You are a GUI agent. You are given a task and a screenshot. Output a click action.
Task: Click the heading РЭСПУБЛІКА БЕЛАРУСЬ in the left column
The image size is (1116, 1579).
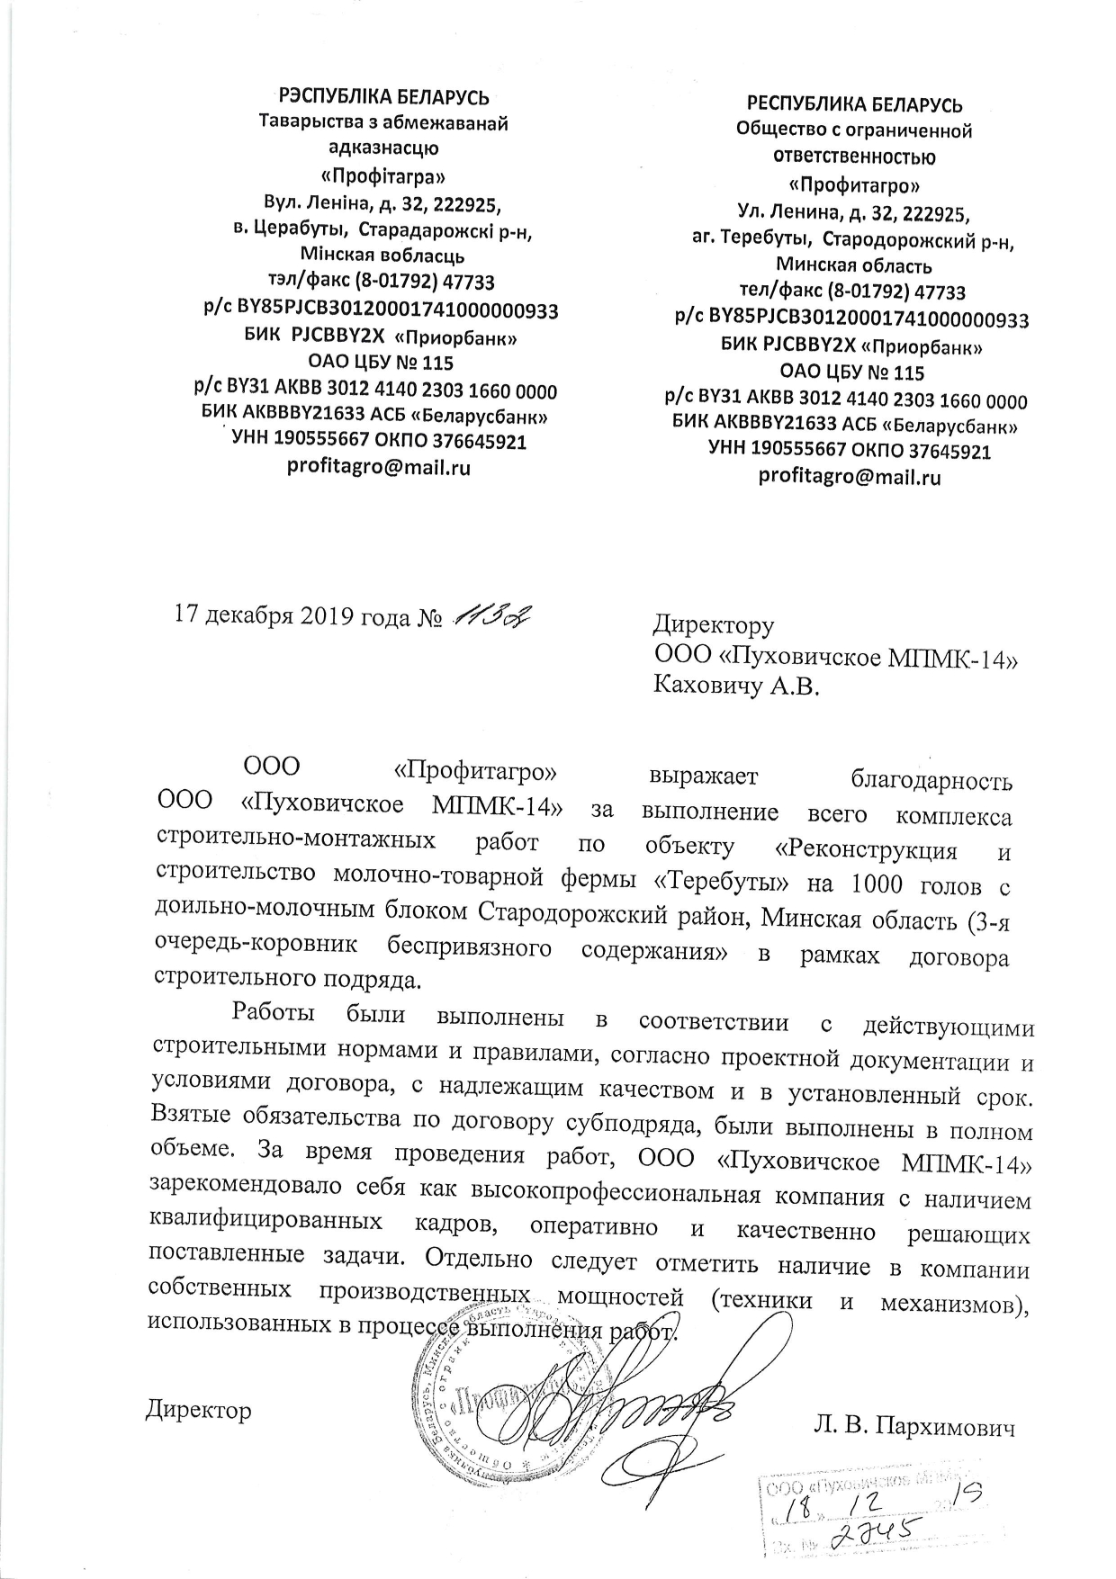pyautogui.click(x=384, y=97)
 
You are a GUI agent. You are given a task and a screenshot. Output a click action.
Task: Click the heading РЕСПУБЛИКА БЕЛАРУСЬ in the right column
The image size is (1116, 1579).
pyautogui.click(x=855, y=104)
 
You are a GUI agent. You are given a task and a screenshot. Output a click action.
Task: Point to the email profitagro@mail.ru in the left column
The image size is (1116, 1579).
pyautogui.click(x=379, y=467)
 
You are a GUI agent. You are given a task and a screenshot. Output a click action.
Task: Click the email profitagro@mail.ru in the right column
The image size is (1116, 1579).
pyautogui.click(x=850, y=477)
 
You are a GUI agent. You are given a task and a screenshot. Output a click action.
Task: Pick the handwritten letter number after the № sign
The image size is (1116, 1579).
pyautogui.click(x=493, y=615)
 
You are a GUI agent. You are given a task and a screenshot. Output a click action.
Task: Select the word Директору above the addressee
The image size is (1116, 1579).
pyautogui.click(x=713, y=624)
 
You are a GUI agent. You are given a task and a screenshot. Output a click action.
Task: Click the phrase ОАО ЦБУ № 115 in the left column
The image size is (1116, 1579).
pyautogui.click(x=381, y=364)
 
